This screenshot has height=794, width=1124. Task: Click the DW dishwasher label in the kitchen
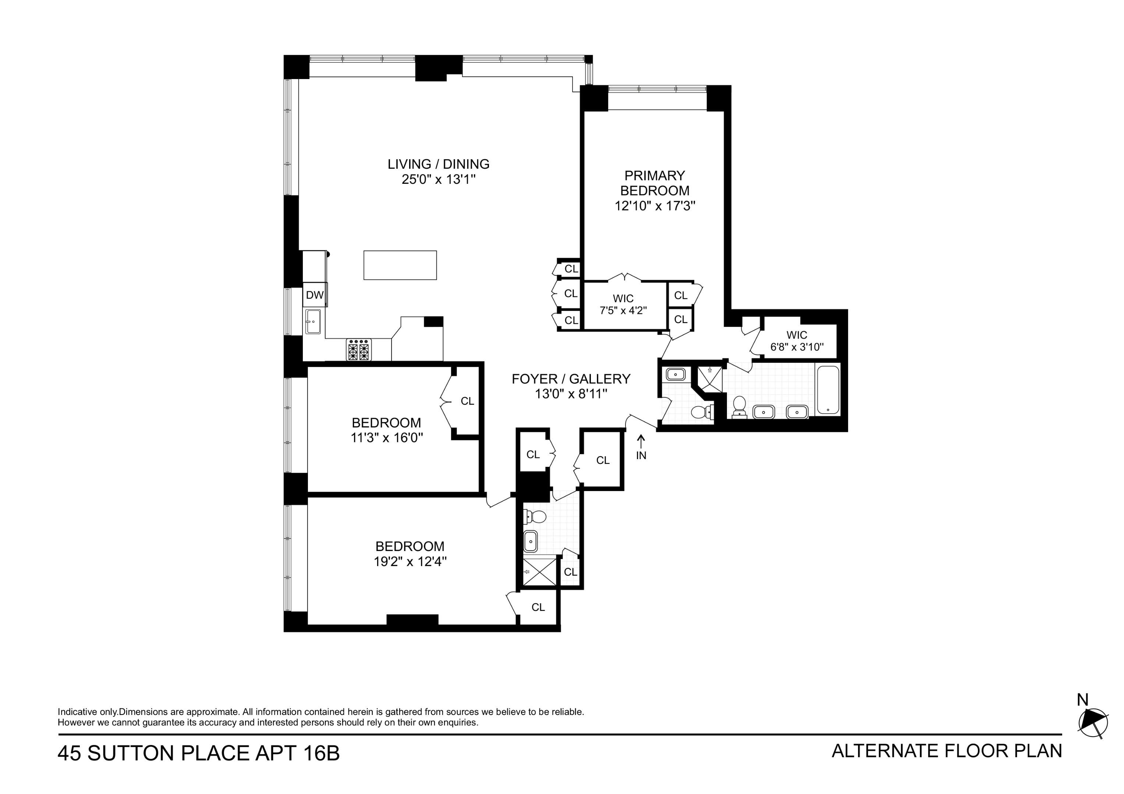pyautogui.click(x=315, y=295)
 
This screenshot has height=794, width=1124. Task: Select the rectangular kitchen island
pyautogui.click(x=400, y=265)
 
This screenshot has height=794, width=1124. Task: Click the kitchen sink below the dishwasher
pyautogui.click(x=313, y=321)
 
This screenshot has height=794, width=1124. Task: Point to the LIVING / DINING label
pyautogui.click(x=438, y=164)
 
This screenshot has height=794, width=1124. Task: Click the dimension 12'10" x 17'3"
pyautogui.click(x=655, y=206)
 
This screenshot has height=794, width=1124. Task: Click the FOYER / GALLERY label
pyautogui.click(x=571, y=379)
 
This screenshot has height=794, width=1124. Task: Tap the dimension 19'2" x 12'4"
pyautogui.click(x=410, y=561)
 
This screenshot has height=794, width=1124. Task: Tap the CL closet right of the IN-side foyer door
pyautogui.click(x=603, y=460)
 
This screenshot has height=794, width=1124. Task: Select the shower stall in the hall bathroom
pyautogui.click(x=539, y=571)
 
